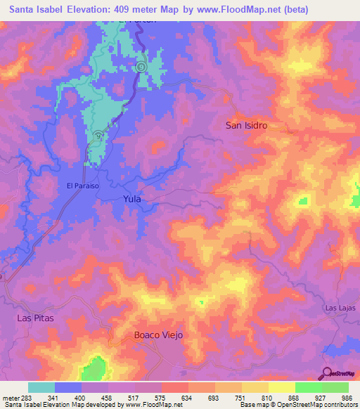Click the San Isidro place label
(246, 125)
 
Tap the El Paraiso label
(82, 186)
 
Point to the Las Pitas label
(34, 318)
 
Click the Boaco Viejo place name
(158, 335)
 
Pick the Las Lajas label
(340, 309)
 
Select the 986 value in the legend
(347, 397)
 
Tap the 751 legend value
(240, 397)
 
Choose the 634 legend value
(187, 397)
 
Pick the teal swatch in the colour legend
(41, 387)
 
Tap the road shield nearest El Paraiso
(97, 136)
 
